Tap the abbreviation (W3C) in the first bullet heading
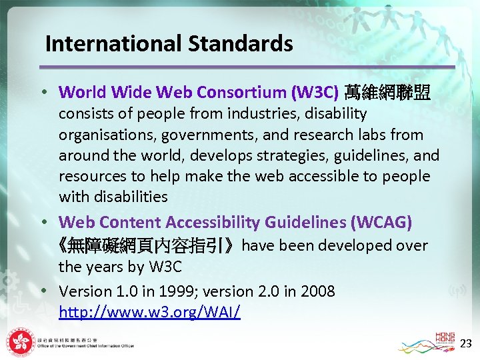coord(317,92)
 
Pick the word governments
coord(209,135)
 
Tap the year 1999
coord(189,291)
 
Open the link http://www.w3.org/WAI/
coord(149,311)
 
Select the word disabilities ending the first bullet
coord(113,197)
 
